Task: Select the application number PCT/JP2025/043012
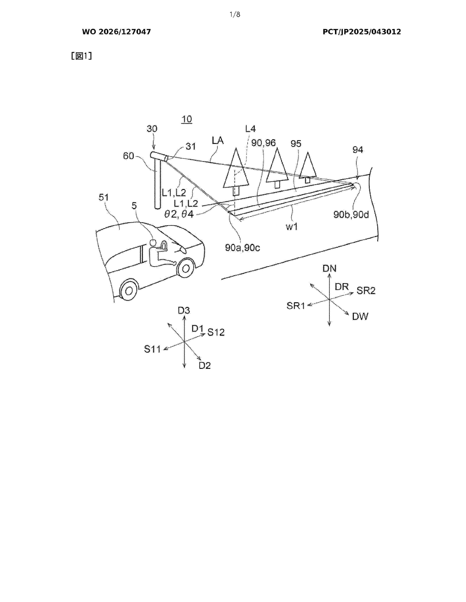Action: (x=362, y=32)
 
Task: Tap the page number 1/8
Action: (x=235, y=15)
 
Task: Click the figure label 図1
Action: (x=82, y=56)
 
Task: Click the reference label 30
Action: (x=152, y=129)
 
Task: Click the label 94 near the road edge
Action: (x=358, y=150)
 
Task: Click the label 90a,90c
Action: (x=242, y=248)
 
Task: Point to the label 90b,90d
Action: (x=351, y=215)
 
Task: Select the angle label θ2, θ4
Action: (x=179, y=214)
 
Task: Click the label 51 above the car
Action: (x=104, y=197)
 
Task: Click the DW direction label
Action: (x=360, y=317)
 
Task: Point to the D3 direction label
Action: (x=184, y=311)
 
